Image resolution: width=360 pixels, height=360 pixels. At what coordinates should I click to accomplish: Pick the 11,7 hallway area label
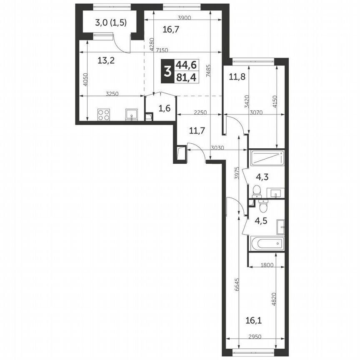pyautogui.click(x=197, y=131)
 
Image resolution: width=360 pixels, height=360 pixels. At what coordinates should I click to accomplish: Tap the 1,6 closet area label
pyautogui.click(x=165, y=109)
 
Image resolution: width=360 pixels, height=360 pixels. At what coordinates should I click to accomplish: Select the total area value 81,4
pyautogui.click(x=187, y=77)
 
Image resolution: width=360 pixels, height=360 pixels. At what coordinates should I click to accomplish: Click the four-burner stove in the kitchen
pyautogui.click(x=104, y=114)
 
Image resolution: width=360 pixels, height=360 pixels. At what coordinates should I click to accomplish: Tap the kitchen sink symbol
pyautogui.click(x=132, y=114)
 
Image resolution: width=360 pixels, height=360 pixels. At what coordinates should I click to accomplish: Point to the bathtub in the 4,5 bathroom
pyautogui.click(x=267, y=243)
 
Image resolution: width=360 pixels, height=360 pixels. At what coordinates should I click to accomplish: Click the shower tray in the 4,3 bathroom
pyautogui.click(x=267, y=158)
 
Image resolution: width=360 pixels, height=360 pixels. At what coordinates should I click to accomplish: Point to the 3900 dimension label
pyautogui.click(x=184, y=18)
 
